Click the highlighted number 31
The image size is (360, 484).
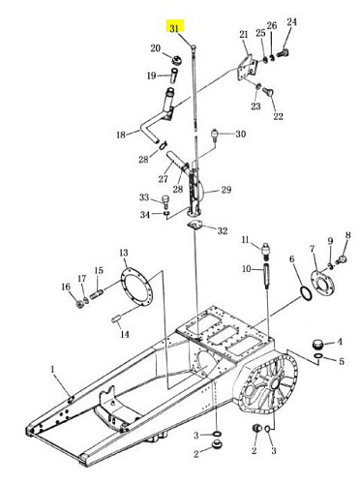[174, 28]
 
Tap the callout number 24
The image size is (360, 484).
[291, 22]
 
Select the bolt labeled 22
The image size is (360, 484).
[268, 92]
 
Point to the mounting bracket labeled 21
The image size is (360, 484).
[248, 69]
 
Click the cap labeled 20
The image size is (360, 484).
[177, 60]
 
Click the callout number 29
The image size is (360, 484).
[226, 190]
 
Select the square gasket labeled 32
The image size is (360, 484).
[195, 225]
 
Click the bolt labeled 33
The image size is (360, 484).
[165, 201]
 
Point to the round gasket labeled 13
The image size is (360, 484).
[136, 287]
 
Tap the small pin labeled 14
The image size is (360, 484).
[116, 319]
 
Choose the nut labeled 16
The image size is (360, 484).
[78, 304]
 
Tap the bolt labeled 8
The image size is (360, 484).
[341, 259]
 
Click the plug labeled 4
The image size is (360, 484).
[318, 345]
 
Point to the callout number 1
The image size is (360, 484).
[53, 370]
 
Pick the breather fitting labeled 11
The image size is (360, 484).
[266, 250]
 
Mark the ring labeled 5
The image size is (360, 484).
[318, 356]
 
